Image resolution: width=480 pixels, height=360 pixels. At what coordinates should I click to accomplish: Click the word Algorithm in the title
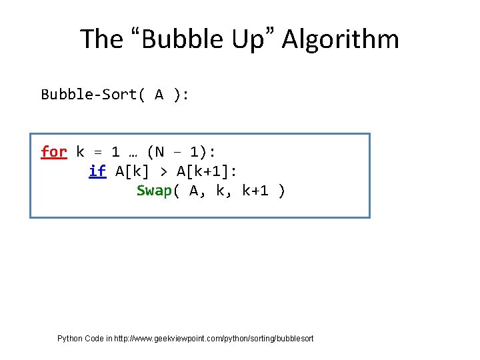[341, 39]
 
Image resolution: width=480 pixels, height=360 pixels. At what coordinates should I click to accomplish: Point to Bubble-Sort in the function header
[89, 95]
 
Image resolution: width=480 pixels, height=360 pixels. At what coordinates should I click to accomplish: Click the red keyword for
[53, 152]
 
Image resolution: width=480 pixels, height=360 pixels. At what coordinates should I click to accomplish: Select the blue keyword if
[97, 171]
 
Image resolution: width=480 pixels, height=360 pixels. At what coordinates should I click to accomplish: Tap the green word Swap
[154, 191]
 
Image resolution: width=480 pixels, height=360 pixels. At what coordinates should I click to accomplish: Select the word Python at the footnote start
[70, 339]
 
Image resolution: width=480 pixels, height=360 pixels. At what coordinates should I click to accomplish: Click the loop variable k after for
[80, 152]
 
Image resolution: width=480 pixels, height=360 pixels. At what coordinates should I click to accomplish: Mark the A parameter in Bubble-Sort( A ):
[159, 95]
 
